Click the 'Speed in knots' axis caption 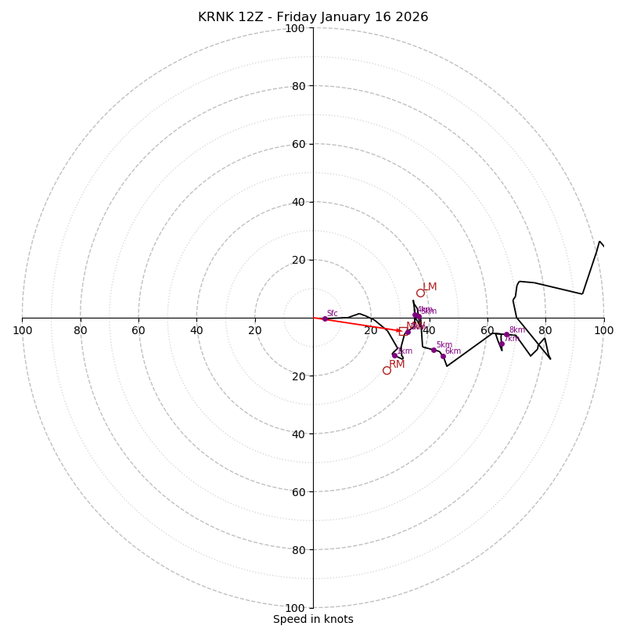point(313,619)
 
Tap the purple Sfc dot point(325,318)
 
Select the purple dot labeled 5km point(434,350)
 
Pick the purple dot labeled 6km point(443,356)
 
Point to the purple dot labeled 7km point(502,344)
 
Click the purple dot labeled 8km point(506,335)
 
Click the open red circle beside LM point(420,293)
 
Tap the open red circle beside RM point(387,370)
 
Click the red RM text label point(397,364)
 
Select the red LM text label point(430,287)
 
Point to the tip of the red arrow point(401,331)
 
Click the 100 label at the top point(295,28)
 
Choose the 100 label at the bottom point(295,608)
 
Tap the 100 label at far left point(22,330)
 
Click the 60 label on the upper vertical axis point(298,144)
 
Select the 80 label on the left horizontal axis point(81,330)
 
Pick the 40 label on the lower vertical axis point(298,434)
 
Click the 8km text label point(517,330)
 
